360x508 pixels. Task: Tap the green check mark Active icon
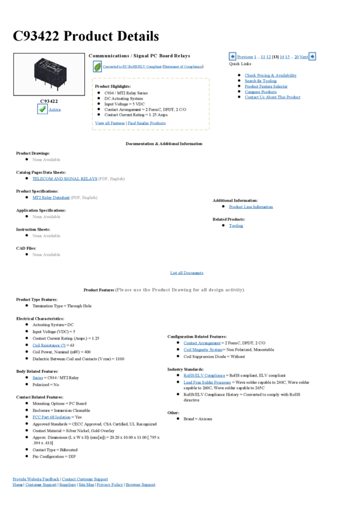(42, 109)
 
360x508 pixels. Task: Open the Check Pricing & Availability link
(270, 76)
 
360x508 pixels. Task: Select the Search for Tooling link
(261, 81)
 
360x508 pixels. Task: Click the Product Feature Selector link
(266, 87)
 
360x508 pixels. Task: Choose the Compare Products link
(261, 92)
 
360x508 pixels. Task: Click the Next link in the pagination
(304, 57)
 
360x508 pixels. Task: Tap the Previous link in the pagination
(245, 57)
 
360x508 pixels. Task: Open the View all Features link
(110, 123)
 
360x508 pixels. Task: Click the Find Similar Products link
(147, 123)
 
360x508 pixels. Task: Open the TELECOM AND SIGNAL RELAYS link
(65, 179)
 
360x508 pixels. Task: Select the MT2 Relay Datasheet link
(51, 197)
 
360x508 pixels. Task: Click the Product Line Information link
(251, 207)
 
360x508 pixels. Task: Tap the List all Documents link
(187, 273)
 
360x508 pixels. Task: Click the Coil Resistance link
(49, 345)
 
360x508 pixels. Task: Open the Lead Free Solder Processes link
(207, 382)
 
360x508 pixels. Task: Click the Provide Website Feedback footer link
(36, 479)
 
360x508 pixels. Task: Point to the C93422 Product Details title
(86, 36)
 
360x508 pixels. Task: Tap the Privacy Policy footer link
(110, 485)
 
